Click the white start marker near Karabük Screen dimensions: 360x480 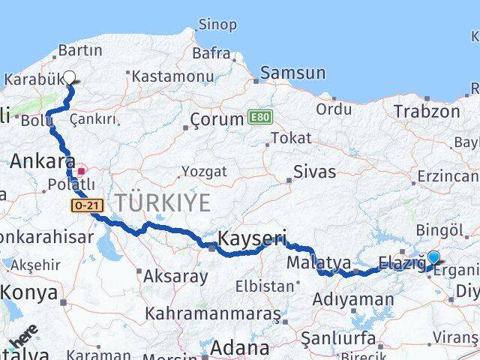click(x=70, y=77)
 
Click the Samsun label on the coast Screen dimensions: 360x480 click(x=293, y=73)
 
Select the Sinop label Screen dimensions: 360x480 click(x=217, y=25)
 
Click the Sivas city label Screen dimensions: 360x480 click(x=314, y=172)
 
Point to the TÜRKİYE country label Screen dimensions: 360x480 click(x=162, y=202)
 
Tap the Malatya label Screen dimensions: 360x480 click(x=319, y=262)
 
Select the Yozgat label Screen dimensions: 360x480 click(x=204, y=172)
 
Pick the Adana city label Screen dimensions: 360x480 click(x=239, y=348)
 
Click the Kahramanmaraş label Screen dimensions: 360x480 click(x=213, y=313)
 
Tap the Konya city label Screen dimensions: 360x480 click(x=28, y=293)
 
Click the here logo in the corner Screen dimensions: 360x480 click(x=22, y=338)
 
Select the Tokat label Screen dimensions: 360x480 click(x=291, y=138)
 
